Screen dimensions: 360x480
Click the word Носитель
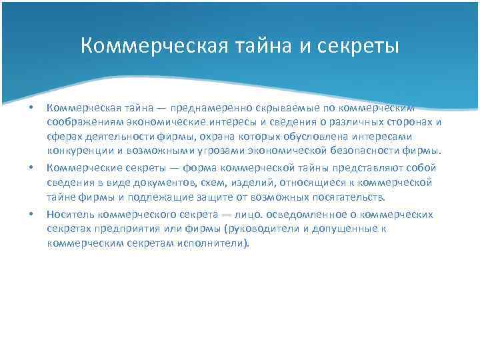click(x=69, y=214)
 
